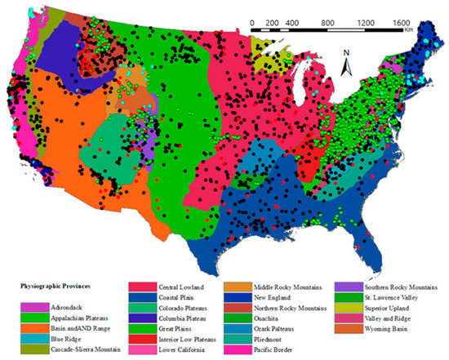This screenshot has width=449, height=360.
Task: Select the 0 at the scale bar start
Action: coord(252,22)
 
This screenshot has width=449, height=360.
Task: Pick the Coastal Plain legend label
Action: coord(184,299)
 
